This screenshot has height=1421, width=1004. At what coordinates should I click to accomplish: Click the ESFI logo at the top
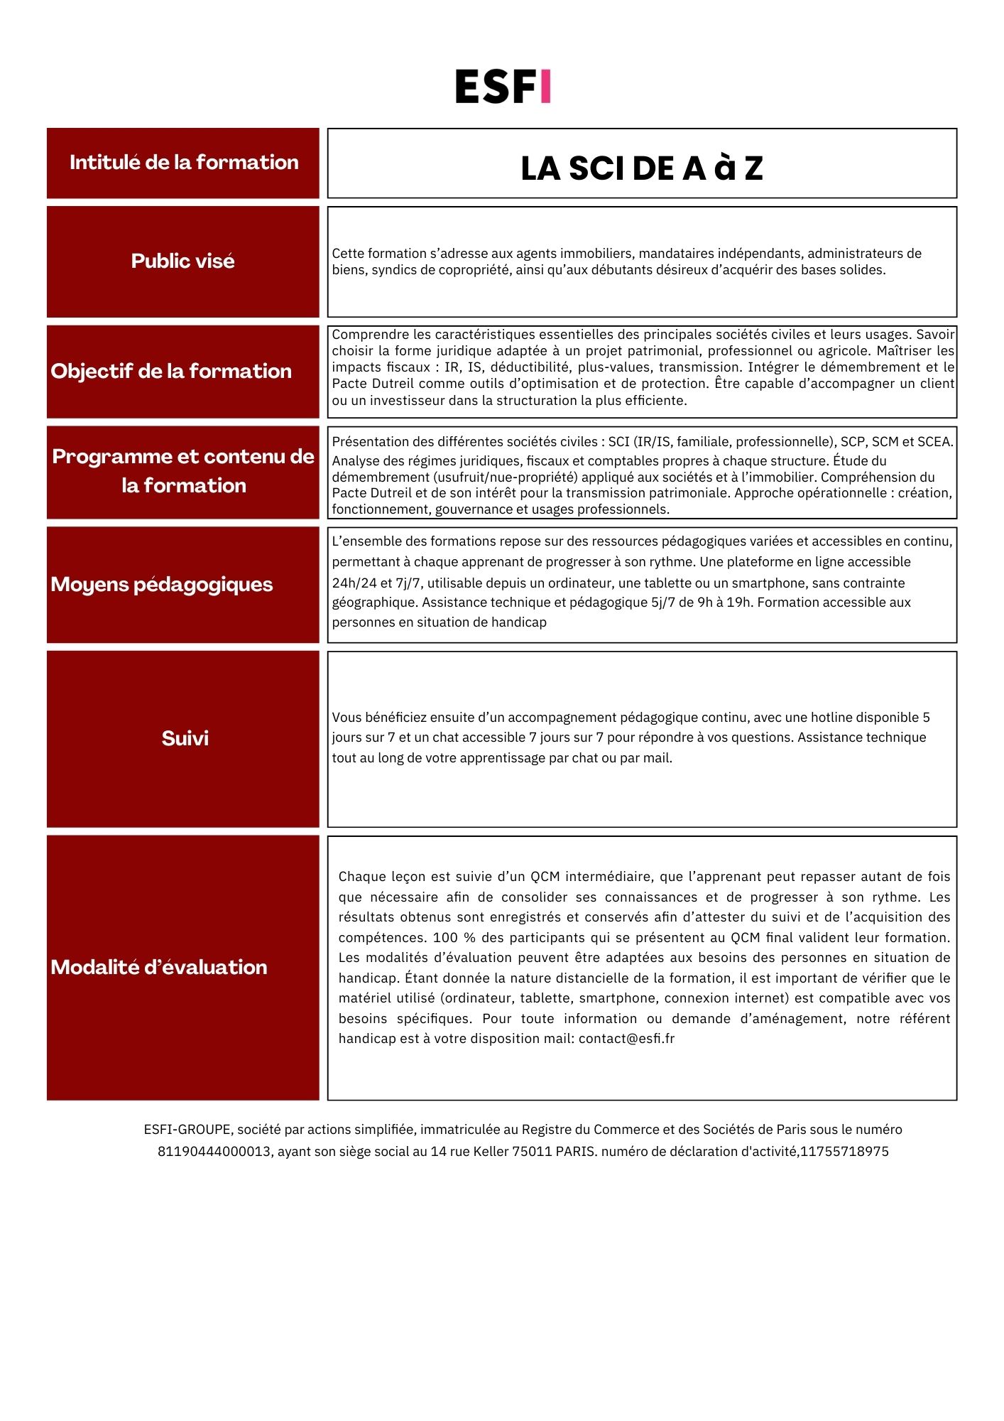point(503,87)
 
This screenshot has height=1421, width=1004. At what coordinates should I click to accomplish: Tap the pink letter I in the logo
point(545,87)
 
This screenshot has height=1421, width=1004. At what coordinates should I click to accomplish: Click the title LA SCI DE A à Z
point(642,168)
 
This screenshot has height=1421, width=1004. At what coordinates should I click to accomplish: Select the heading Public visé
point(182,261)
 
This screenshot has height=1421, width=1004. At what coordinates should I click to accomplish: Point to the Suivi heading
point(185,739)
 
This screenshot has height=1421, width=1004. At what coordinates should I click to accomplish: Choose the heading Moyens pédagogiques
point(162,585)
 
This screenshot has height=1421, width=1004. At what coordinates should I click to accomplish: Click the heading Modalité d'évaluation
point(159,968)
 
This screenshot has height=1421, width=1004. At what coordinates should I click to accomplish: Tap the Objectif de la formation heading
point(171,372)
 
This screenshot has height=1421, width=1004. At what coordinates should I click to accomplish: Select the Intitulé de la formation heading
point(184,163)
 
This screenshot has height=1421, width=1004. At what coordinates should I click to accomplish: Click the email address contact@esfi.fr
point(626,1039)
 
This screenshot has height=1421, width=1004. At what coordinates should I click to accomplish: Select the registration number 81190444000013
point(214,1152)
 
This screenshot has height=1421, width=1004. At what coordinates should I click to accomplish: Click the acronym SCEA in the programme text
point(934,442)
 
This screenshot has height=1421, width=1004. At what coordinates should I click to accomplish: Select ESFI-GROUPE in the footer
point(187,1130)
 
